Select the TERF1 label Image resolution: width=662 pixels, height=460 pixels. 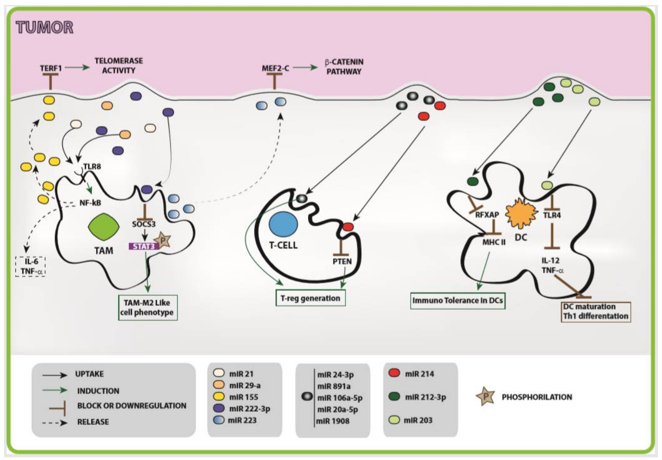point(50,68)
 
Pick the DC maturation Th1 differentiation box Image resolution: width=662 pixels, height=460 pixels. point(596,312)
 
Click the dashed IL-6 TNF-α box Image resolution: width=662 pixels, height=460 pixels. point(30,266)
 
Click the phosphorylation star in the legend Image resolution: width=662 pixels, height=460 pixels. point(486,397)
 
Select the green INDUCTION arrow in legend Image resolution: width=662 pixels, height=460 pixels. point(55,391)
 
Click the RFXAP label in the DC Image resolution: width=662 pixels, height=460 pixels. point(487,215)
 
